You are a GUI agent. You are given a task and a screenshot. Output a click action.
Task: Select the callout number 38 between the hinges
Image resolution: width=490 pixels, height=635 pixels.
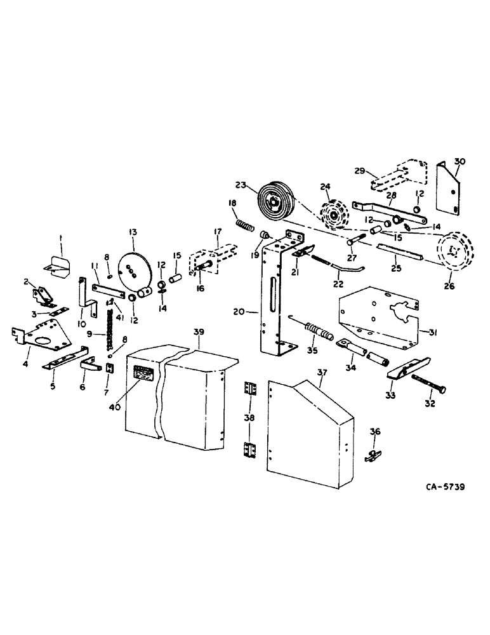click(248, 418)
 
